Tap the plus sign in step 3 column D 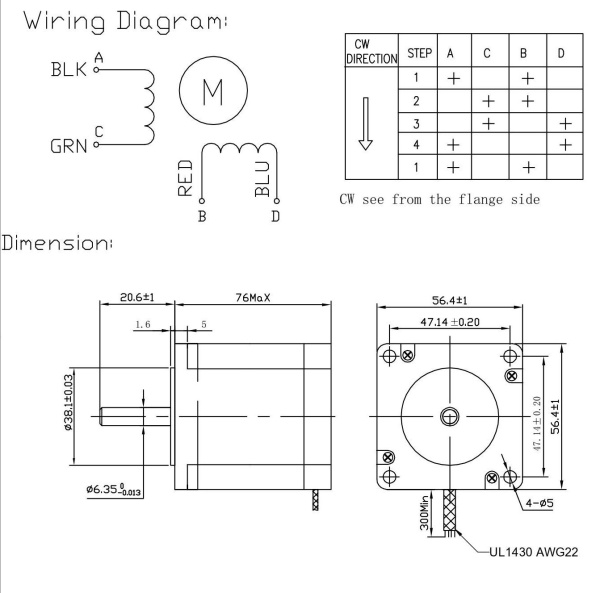pos(566,122)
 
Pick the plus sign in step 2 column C pos(488,100)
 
